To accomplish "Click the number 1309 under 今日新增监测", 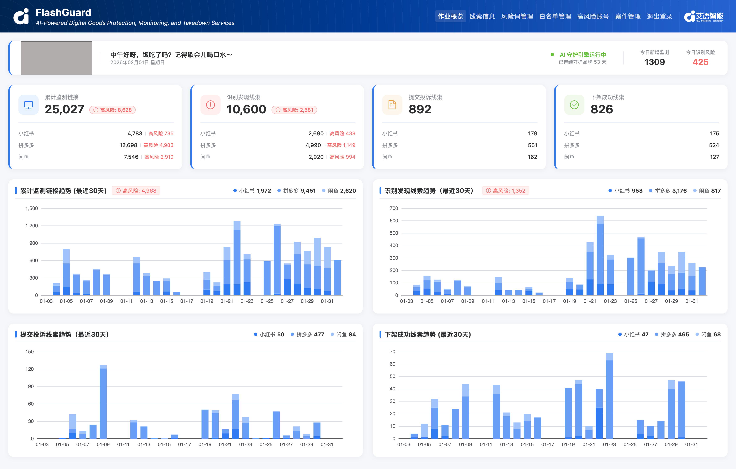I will pos(654,62).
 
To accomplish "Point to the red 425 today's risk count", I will pos(700,62).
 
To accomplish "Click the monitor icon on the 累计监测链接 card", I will pos(29,105).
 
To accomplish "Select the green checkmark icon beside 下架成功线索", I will pos(574,105).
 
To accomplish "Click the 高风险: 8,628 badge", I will pos(112,110).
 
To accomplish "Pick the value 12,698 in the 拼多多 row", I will pos(128,145).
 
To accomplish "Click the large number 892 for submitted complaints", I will pos(420,109).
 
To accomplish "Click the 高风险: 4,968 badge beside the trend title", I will pos(136,191).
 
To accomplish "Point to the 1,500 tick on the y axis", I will pos(31,208).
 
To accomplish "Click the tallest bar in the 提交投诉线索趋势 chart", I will pos(103,402).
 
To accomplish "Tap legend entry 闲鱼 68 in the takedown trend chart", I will pos(708,334).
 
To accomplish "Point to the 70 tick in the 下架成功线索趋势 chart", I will pos(393,352).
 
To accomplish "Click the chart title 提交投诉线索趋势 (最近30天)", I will pos(64,334).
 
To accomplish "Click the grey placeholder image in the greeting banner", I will pos(56,58).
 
